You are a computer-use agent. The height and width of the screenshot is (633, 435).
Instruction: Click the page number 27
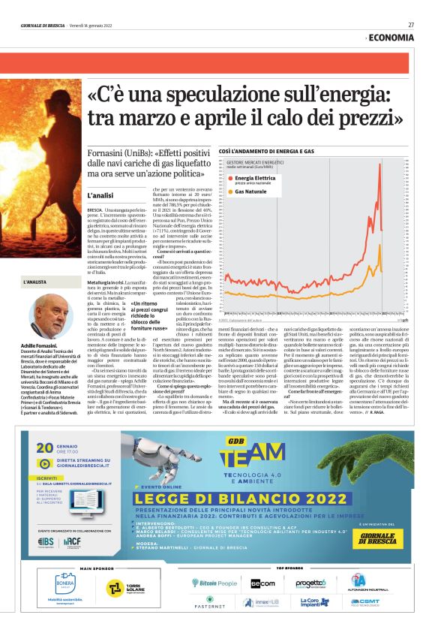[x=411, y=24]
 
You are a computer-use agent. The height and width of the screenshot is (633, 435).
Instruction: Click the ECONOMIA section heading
[x=391, y=38]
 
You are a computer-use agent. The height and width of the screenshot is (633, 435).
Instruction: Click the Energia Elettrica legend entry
[x=254, y=178]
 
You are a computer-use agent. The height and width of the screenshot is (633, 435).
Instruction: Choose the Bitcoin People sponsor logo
[x=214, y=583]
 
